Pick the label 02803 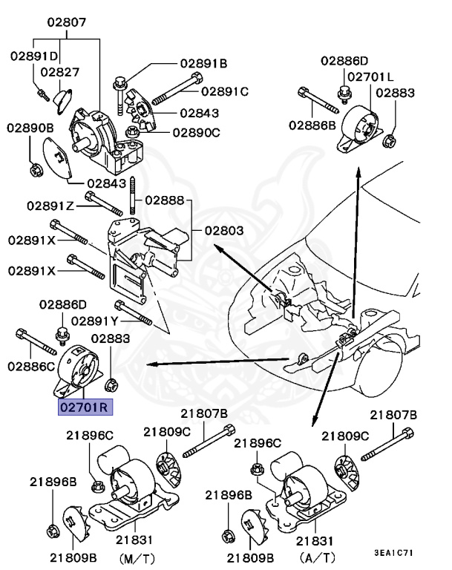219,231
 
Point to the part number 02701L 370,76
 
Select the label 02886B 312,125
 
